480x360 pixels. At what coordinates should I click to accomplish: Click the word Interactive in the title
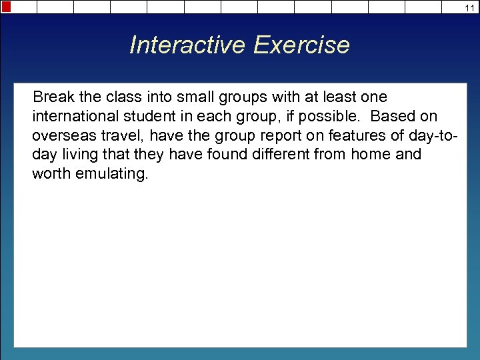[x=188, y=45]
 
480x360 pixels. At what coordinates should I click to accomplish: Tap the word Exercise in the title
[x=301, y=45]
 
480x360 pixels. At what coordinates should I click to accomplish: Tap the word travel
[x=125, y=136]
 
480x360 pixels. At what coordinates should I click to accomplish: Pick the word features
[x=355, y=136]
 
